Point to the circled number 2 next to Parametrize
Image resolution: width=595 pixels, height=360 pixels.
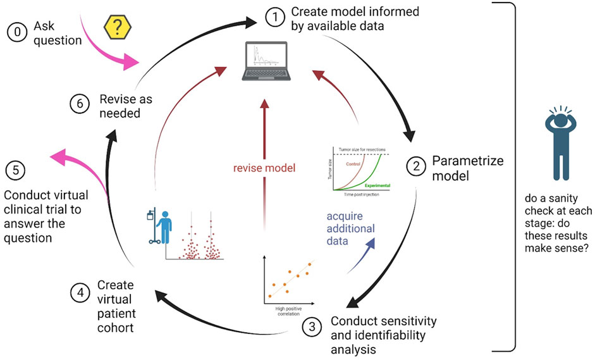[x=416, y=168]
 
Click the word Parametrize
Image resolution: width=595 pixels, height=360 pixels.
[x=467, y=161]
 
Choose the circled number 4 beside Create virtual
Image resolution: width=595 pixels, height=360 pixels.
[x=79, y=293]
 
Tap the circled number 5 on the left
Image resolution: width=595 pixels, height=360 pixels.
[x=15, y=170]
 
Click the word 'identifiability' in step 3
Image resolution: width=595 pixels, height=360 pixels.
[x=384, y=334]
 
